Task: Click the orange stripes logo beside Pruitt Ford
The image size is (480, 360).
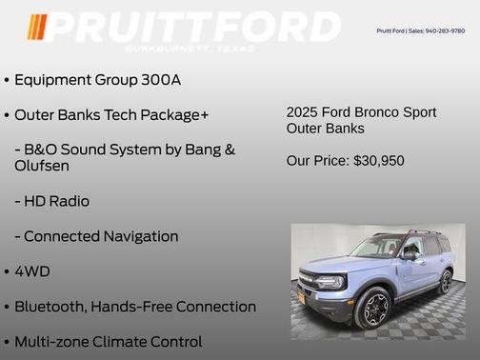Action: [36, 27]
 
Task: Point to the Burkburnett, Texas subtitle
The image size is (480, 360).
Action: [191, 47]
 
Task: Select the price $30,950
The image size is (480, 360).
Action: [378, 161]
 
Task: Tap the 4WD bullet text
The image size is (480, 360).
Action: [32, 271]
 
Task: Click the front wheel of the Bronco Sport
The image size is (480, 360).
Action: [372, 309]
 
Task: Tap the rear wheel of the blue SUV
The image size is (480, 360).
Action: [445, 282]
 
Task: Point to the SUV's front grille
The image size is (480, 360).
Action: [310, 282]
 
